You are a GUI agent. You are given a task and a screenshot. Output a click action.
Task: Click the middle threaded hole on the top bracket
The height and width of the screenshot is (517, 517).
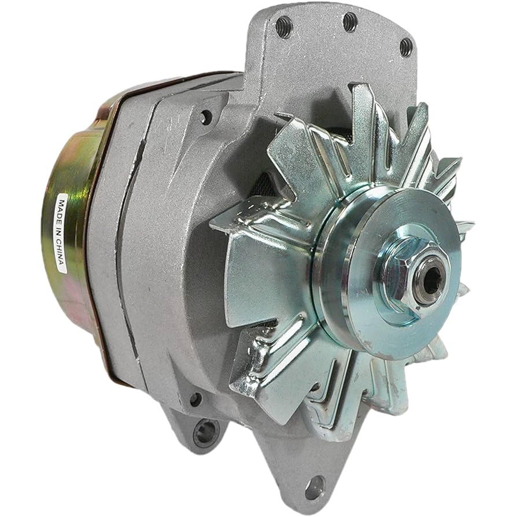(x=350, y=23)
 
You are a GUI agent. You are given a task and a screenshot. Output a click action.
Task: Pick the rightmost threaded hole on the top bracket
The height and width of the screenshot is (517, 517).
(x=406, y=47)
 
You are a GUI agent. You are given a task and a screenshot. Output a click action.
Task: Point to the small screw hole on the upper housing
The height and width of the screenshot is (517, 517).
(x=205, y=118)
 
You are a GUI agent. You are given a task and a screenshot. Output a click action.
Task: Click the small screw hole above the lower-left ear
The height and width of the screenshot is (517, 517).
(x=196, y=399)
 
